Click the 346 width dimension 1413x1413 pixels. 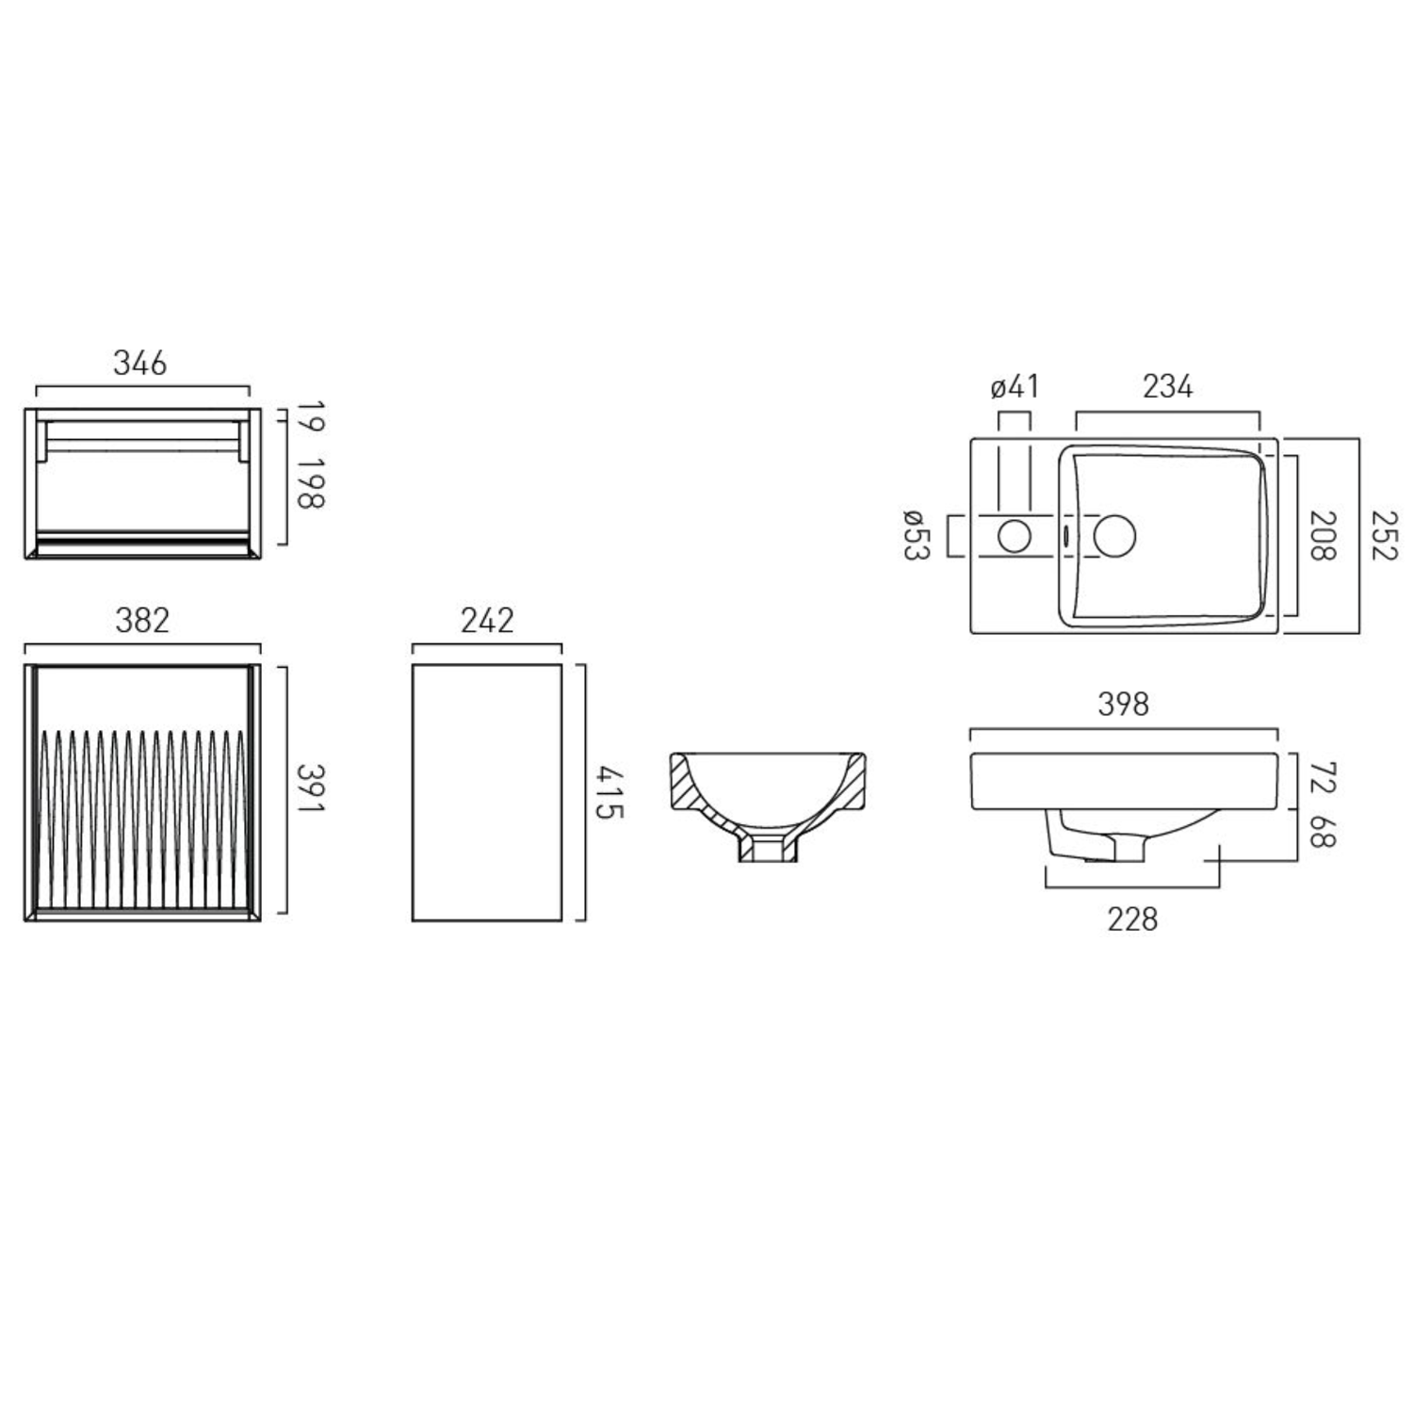coord(140,363)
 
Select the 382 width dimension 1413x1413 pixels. coord(142,621)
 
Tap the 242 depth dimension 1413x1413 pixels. coord(487,621)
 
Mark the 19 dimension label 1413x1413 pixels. coord(311,417)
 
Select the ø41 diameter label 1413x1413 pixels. coord(1015,387)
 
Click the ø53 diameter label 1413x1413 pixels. coord(917,535)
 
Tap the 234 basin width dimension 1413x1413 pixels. coord(1167,387)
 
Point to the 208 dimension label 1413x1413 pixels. coord(1324,535)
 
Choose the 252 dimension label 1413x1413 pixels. coord(1383,535)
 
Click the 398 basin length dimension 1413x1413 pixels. coord(1124,705)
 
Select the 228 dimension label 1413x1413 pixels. coord(1132,919)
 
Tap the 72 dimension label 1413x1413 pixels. coord(1324,779)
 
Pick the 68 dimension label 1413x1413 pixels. coord(1324,831)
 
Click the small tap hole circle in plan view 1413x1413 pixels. coord(1015,536)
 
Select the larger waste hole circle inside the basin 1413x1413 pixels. coord(1114,535)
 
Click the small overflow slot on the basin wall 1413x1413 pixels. coord(1064,535)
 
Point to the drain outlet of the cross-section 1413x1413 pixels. coord(767,851)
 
